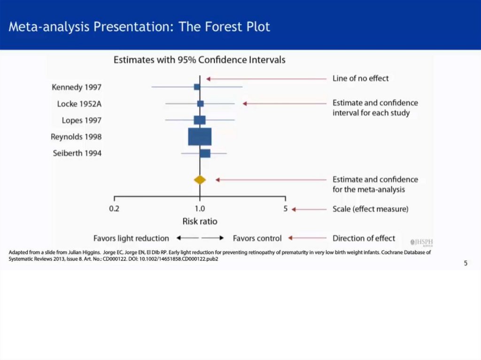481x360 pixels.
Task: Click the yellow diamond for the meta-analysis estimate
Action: coord(200,180)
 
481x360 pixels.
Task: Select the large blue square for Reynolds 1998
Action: coord(200,137)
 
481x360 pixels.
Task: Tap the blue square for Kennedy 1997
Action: coord(197,87)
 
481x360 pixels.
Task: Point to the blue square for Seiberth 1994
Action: coord(205,153)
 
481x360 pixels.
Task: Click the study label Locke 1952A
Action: coord(79,104)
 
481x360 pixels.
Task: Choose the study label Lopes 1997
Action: coord(82,121)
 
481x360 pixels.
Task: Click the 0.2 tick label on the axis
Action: coord(114,209)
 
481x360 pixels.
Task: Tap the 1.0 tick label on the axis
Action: coord(200,209)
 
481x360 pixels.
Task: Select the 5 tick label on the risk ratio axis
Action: coord(285,209)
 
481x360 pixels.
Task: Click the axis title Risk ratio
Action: coord(200,222)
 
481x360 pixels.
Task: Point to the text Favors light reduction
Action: coord(132,238)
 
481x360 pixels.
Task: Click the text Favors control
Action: coord(257,238)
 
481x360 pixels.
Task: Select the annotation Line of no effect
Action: coord(360,78)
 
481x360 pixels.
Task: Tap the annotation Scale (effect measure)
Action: coord(371,209)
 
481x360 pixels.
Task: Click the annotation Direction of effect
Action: coord(364,238)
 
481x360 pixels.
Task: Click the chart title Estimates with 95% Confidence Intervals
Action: coord(199,60)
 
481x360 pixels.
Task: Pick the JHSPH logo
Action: coord(421,242)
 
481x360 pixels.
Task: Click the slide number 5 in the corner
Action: coord(465,263)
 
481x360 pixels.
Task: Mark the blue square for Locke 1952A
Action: coord(200,104)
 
